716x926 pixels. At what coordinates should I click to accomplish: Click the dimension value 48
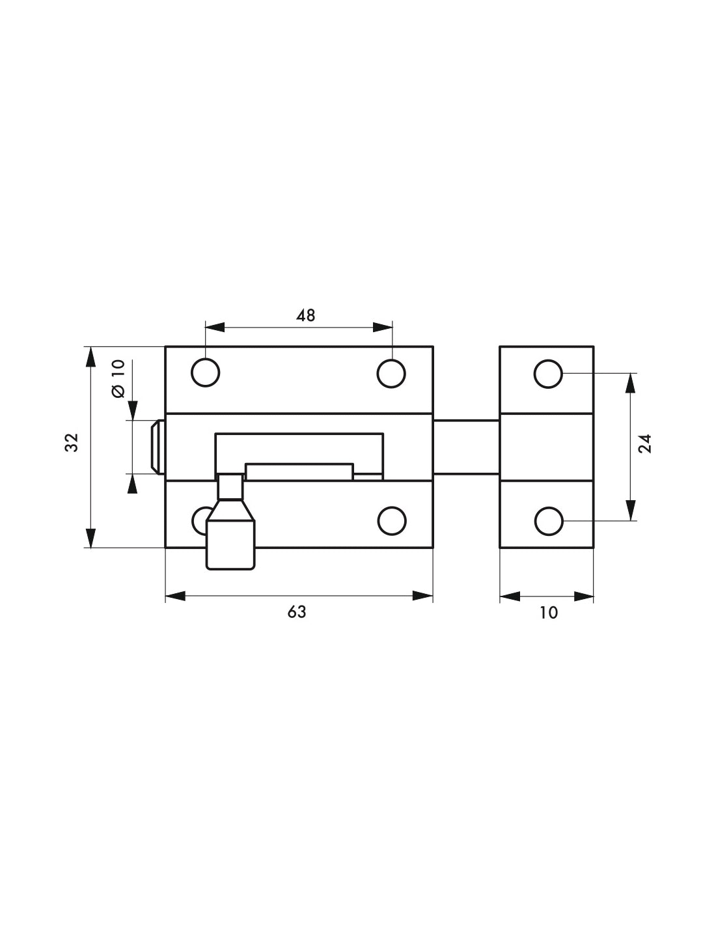[305, 315]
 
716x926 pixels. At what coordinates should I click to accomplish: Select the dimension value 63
[296, 612]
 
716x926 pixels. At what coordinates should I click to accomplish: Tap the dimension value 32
[72, 442]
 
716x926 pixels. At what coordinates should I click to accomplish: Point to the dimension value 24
[646, 443]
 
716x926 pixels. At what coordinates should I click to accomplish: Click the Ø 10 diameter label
[119, 379]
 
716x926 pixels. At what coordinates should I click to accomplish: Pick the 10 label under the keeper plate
[549, 612]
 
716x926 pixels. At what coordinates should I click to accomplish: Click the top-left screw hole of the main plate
[205, 373]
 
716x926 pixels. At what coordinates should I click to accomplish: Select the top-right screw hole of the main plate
[391, 374]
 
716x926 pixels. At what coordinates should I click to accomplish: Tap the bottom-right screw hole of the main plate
[391, 521]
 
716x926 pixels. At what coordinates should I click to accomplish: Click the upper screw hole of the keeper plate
[548, 374]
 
